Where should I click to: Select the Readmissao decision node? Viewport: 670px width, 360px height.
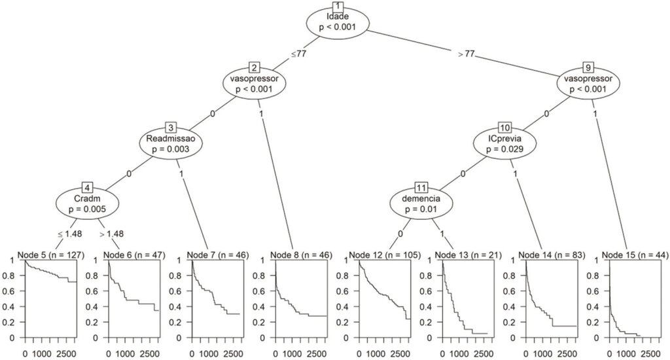click(x=171, y=144)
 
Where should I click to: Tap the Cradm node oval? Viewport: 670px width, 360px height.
click(x=87, y=204)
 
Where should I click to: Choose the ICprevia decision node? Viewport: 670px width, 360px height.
click(x=504, y=144)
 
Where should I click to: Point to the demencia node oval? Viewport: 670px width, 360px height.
click(x=421, y=204)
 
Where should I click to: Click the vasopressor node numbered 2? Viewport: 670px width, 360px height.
click(x=255, y=84)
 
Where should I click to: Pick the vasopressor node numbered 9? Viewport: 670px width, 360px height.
click(x=588, y=84)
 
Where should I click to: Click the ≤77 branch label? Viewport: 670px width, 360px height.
click(x=298, y=54)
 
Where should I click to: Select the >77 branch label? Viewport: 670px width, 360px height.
click(x=467, y=54)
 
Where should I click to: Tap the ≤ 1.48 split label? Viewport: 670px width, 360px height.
click(x=69, y=234)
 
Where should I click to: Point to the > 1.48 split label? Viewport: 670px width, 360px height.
click(x=111, y=234)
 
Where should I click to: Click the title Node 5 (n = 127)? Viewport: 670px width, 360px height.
click(x=51, y=255)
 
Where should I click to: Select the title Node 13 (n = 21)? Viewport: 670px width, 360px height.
click(x=468, y=255)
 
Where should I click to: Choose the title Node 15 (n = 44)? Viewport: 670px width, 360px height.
click(x=635, y=255)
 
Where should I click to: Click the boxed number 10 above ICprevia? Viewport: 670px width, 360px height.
click(x=504, y=128)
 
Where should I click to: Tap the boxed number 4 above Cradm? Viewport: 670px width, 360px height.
click(x=87, y=188)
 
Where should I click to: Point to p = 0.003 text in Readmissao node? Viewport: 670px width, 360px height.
click(x=171, y=149)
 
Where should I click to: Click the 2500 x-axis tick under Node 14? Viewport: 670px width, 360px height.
click(x=567, y=354)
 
